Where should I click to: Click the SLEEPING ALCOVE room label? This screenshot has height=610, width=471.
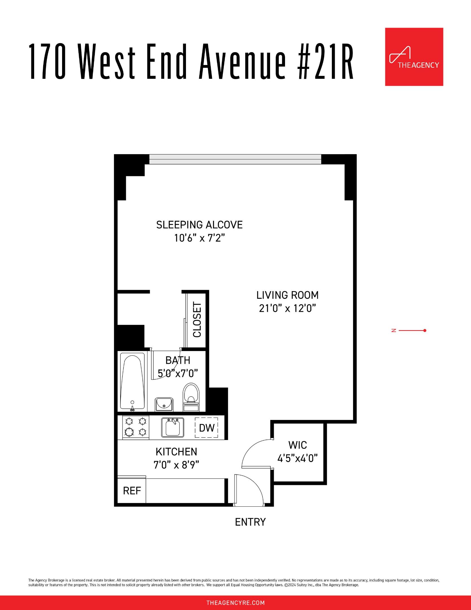click(x=199, y=225)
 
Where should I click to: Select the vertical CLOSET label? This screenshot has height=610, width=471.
click(x=197, y=320)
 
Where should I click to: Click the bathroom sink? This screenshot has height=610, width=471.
click(x=164, y=404)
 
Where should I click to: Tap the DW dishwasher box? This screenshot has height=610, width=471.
click(x=207, y=428)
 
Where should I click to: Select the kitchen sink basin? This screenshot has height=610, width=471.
click(x=172, y=428)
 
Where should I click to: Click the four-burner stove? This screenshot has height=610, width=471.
click(x=136, y=427)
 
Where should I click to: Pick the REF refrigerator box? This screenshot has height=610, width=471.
click(x=132, y=491)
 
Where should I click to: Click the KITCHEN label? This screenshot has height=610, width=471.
click(x=176, y=452)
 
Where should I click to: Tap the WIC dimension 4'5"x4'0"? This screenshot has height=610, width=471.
click(x=297, y=458)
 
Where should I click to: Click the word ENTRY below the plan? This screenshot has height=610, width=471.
click(x=250, y=522)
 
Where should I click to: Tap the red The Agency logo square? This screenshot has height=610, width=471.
click(x=414, y=57)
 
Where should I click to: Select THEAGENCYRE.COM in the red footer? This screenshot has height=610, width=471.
click(x=235, y=603)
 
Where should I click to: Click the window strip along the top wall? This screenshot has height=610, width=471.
click(x=235, y=159)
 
